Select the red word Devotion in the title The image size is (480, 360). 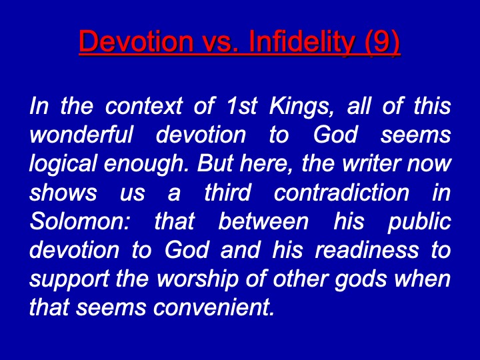tap(136, 41)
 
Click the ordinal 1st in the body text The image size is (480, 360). tap(241, 106)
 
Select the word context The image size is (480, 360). tap(143, 107)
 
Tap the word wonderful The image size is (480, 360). tap(81, 135)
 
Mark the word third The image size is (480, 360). tap(228, 192)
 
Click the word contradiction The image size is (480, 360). tap(341, 192)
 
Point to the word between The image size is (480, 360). tap(263, 221)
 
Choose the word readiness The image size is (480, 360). tap(367, 250)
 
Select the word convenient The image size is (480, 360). tap(213, 307)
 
